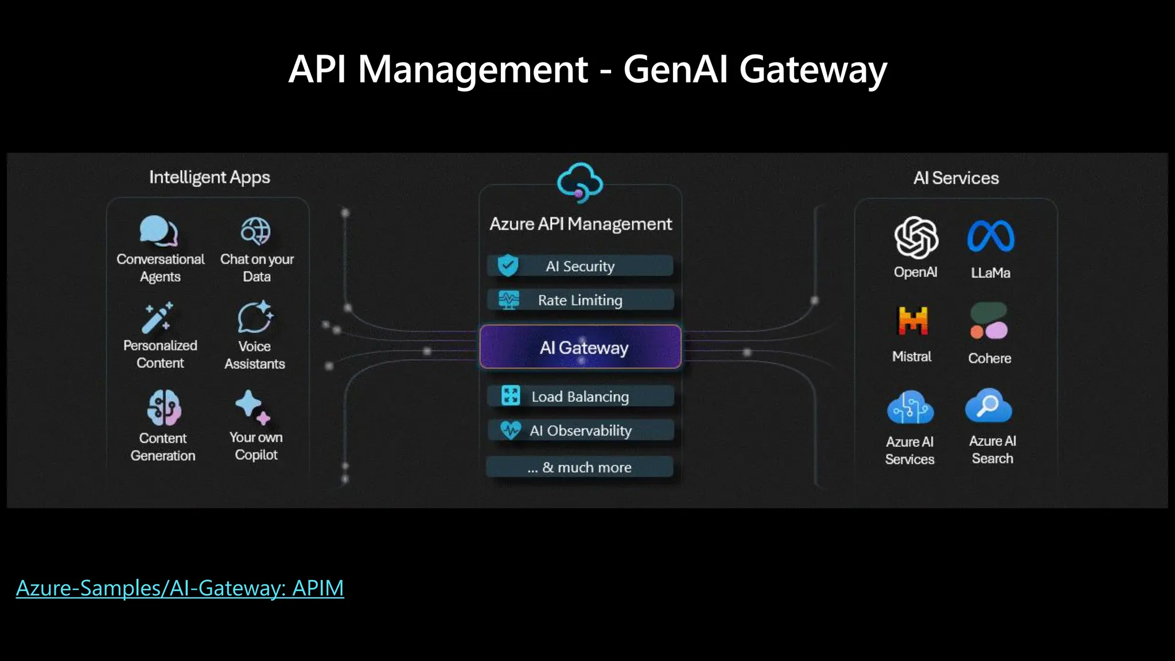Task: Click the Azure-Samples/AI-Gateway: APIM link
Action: coord(180,588)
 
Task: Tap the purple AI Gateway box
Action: coord(580,347)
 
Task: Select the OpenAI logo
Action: coord(916,238)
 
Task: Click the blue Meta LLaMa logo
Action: coord(991,236)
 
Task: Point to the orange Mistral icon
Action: coord(912,320)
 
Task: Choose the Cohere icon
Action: coord(989,321)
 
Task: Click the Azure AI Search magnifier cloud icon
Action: coord(989,406)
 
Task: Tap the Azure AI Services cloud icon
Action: coord(910,407)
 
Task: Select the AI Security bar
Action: coord(580,266)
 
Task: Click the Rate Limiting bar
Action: coord(580,300)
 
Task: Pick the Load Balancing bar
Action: coord(580,396)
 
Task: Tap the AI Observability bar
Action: coord(580,430)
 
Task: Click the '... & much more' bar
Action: coord(580,467)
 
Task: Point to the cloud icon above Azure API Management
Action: coord(580,182)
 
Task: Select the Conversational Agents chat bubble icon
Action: coord(158,231)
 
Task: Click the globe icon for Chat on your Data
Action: coord(255,232)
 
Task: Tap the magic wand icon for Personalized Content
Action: coord(157,317)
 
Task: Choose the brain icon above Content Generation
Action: coord(164,407)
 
